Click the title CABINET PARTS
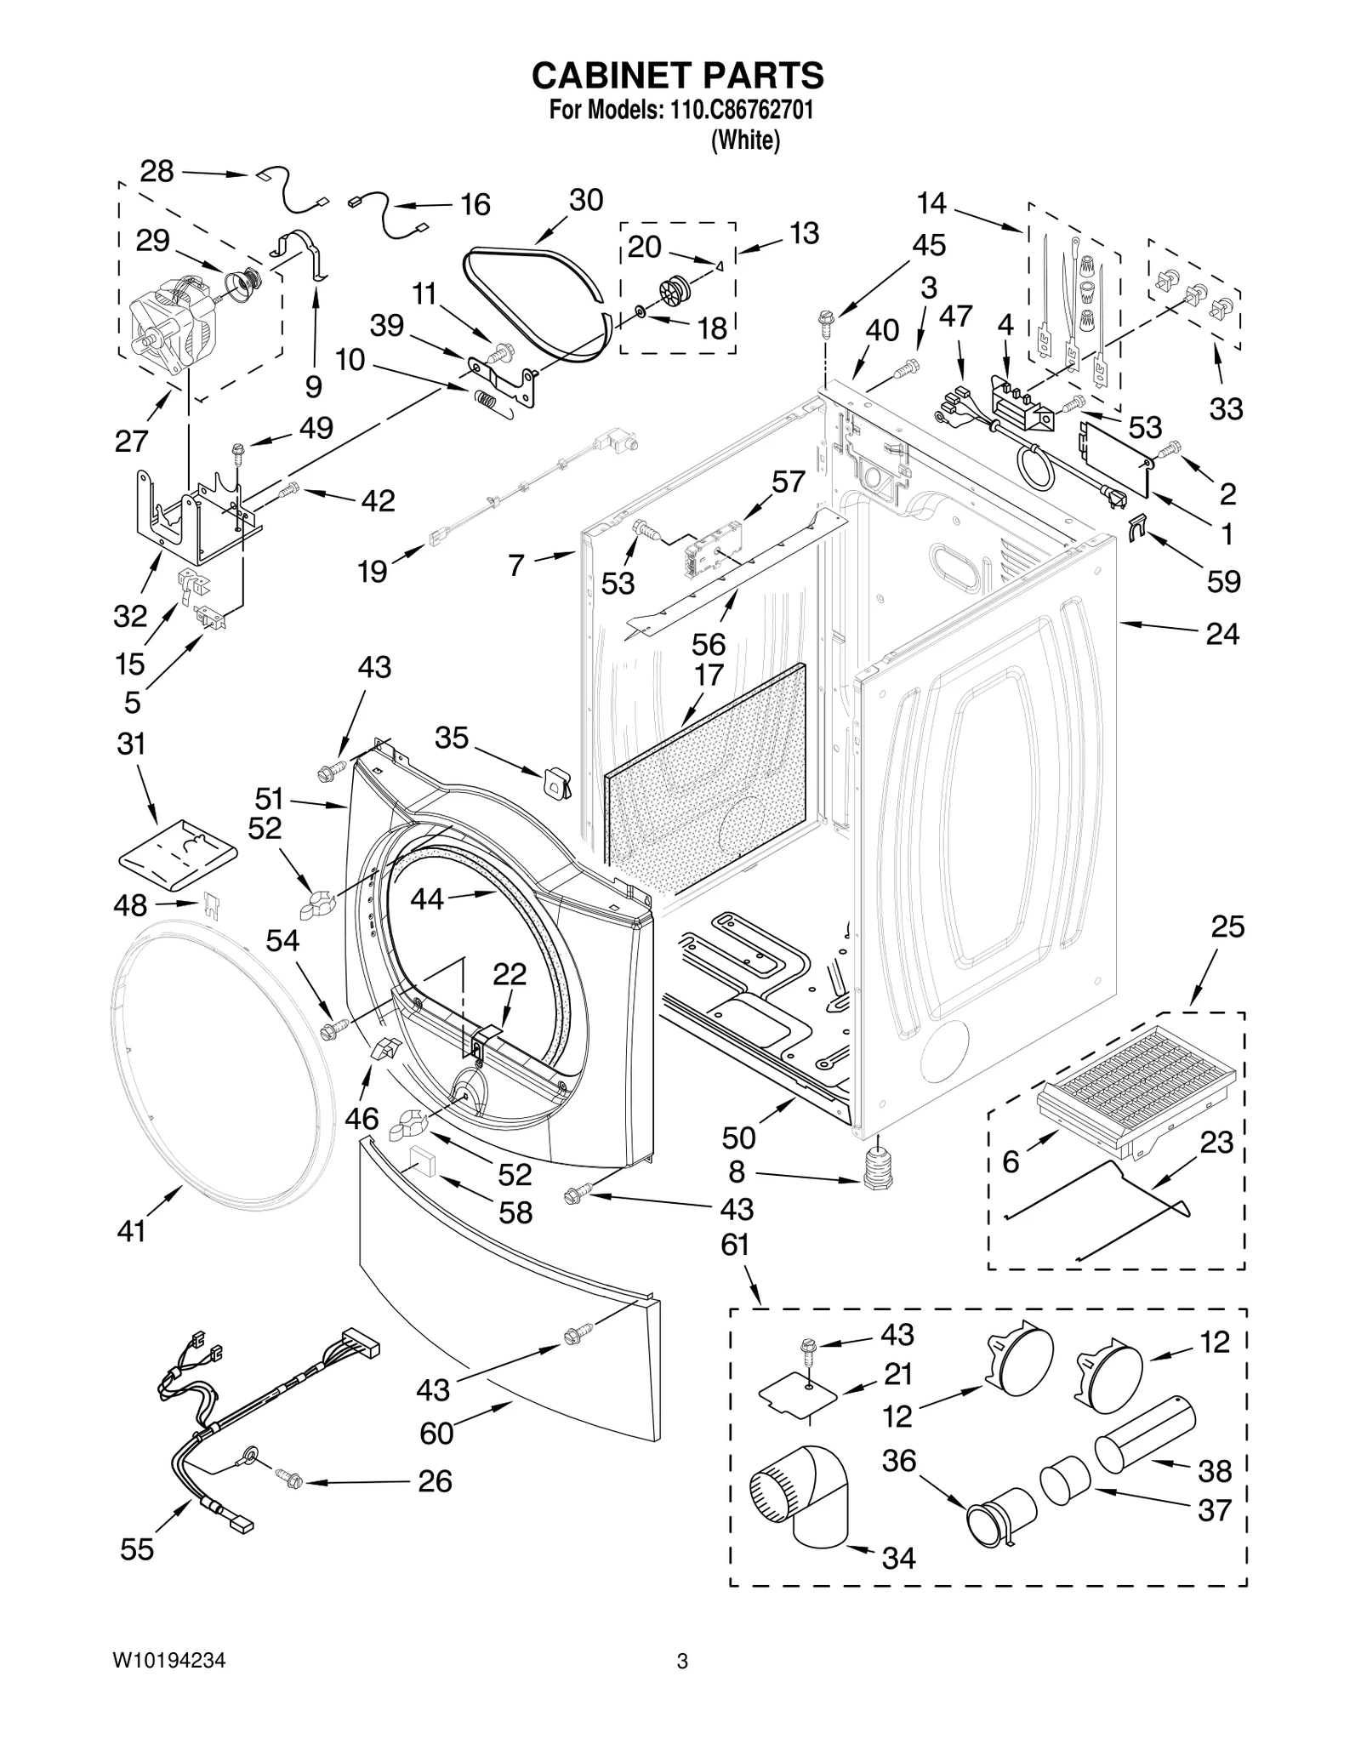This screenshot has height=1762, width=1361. (677, 76)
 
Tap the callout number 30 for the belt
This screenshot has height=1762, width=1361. (586, 201)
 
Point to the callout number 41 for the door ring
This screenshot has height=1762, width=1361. (132, 1231)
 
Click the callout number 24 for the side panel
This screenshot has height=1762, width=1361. (1222, 634)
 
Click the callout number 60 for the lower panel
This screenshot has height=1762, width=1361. (436, 1434)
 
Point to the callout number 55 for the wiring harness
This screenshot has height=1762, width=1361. (136, 1550)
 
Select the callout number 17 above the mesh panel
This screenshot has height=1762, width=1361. (709, 675)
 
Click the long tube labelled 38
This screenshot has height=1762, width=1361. (1143, 1435)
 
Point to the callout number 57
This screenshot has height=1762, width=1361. (788, 482)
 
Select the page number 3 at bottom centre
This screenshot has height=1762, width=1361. (681, 1685)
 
